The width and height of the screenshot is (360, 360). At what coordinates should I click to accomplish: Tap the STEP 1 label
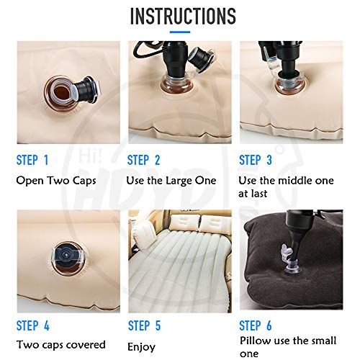[32, 160]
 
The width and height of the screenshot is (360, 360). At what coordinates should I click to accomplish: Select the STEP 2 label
[143, 160]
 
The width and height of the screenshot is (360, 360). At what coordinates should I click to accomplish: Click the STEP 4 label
[32, 324]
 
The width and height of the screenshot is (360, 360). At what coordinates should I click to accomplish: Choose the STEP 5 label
[143, 324]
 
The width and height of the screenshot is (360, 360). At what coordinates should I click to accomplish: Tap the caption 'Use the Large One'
[170, 180]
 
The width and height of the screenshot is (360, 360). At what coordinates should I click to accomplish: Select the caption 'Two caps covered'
[60, 344]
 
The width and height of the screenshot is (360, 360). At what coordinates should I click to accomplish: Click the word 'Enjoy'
[141, 346]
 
